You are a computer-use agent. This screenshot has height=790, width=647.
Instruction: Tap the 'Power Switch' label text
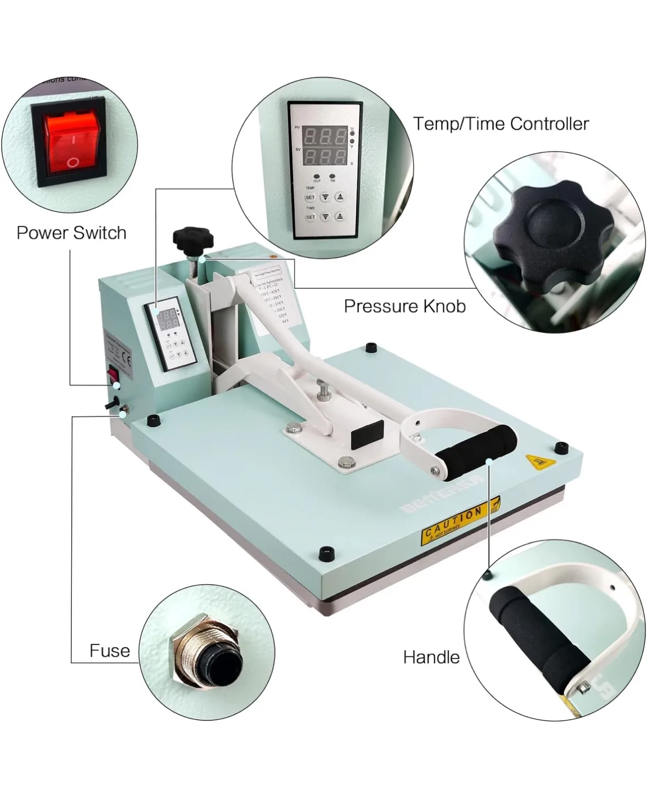point(71,233)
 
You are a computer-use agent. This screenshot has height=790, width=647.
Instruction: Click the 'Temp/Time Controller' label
point(500,123)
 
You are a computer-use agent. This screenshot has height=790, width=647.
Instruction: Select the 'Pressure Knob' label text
point(404,306)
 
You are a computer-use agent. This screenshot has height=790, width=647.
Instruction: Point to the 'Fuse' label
point(110,651)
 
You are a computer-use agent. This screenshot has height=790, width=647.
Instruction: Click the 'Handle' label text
point(431,657)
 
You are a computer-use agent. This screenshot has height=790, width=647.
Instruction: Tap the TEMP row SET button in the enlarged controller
point(310,197)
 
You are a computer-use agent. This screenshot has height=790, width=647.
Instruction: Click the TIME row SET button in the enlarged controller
point(310,217)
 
